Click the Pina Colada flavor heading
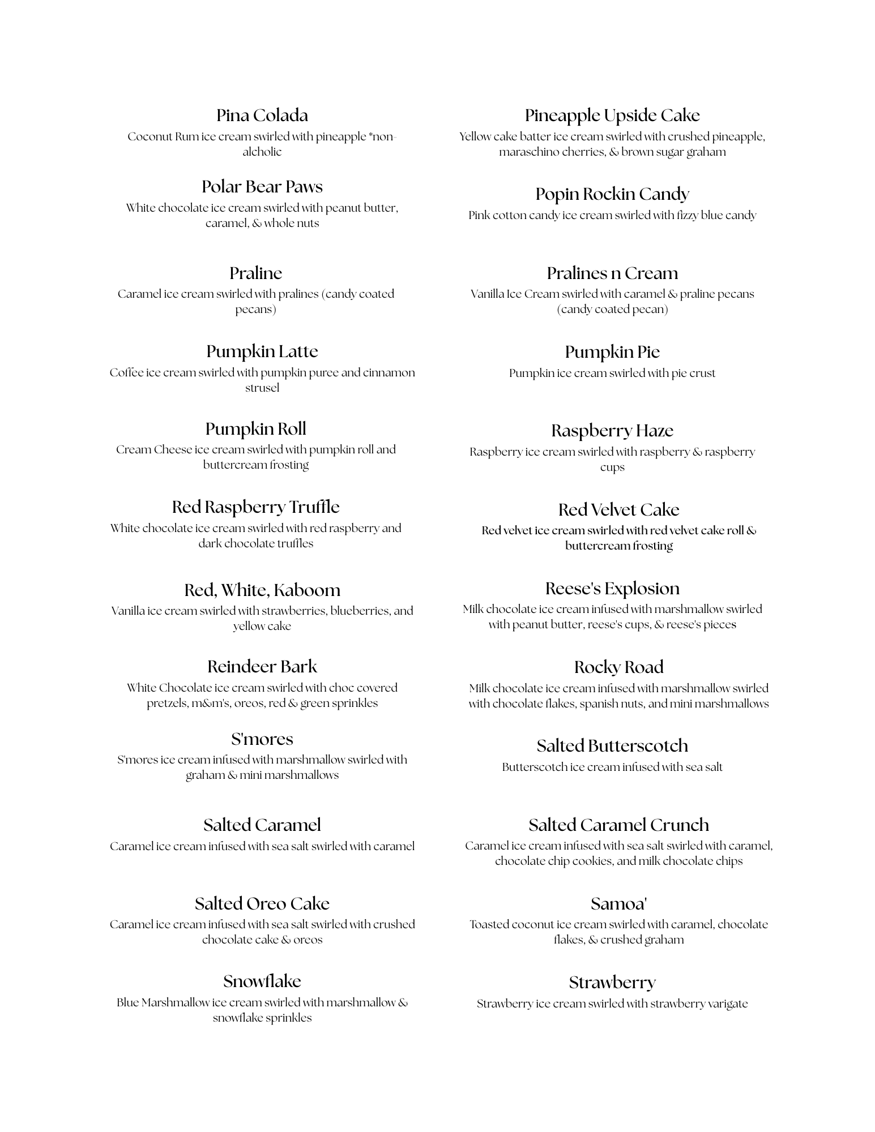(262, 115)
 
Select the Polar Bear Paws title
(262, 187)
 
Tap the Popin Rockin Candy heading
(612, 194)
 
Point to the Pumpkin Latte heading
(262, 351)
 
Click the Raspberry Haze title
(612, 431)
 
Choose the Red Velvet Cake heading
(618, 510)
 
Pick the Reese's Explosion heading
(612, 589)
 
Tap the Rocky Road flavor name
(618, 667)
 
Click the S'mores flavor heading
(262, 739)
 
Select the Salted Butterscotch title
(612, 746)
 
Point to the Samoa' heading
(618, 904)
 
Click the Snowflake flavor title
(262, 981)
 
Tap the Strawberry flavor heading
(612, 983)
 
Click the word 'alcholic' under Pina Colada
(262, 152)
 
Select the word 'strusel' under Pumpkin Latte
(262, 388)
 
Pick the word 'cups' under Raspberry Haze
(612, 468)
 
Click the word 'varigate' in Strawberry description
(728, 1004)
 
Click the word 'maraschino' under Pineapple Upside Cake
(529, 152)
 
